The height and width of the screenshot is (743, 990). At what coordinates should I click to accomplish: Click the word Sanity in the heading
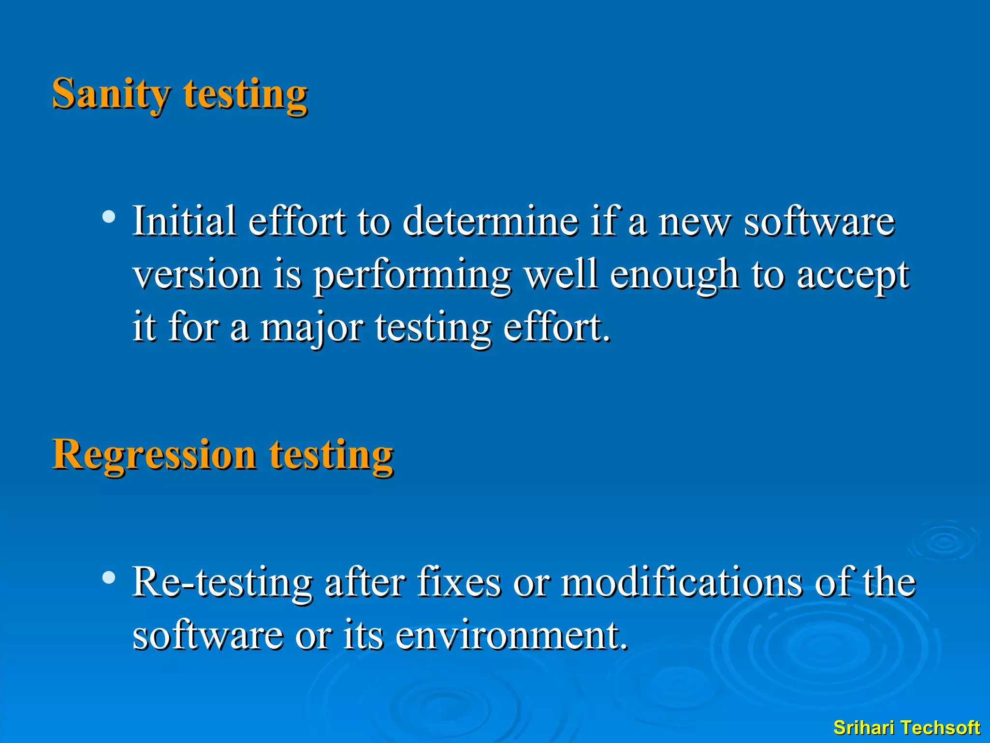coord(111,94)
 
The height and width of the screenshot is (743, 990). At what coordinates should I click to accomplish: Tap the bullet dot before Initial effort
coord(109,216)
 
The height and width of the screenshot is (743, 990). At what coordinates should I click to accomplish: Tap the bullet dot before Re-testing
coord(109,578)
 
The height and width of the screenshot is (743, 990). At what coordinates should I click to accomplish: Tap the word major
coord(311,327)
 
